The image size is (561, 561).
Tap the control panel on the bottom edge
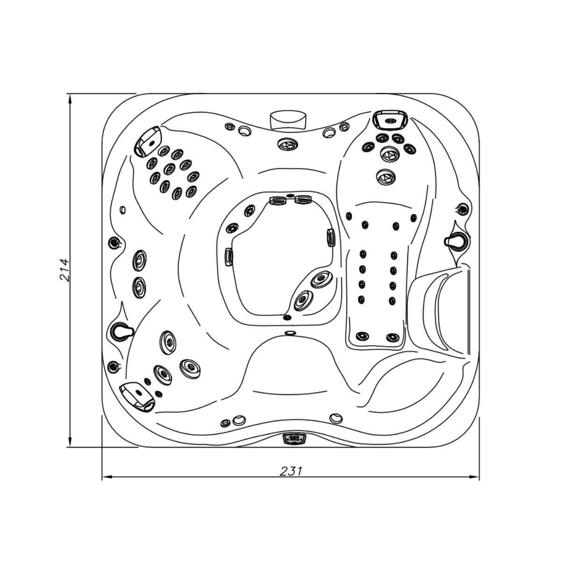293,439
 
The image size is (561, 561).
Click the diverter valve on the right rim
454,241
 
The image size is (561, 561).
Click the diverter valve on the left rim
121,330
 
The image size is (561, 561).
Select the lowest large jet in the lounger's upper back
385,177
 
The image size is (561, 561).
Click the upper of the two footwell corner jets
321,279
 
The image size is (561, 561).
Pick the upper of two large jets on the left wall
139,259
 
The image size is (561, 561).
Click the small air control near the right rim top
463,209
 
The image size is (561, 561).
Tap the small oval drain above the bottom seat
290,332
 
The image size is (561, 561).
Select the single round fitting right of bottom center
335,417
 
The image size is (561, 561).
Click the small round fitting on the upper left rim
122,209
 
